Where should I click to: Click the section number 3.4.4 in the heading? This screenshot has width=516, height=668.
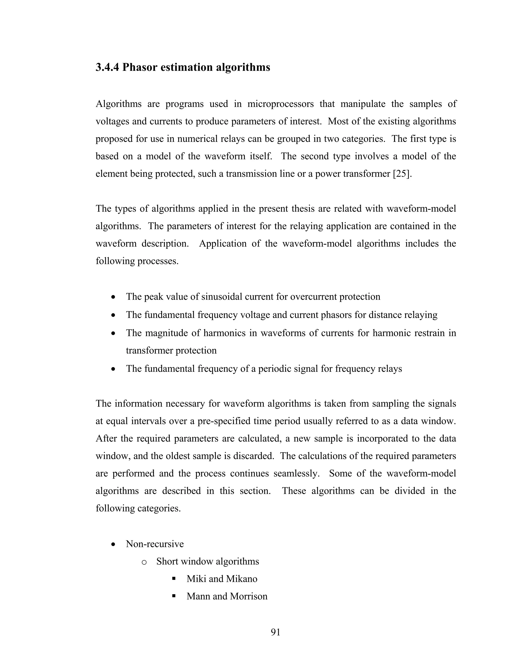click(107, 67)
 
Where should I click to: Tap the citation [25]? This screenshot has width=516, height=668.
click(402, 174)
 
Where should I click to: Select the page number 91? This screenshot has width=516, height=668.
click(275, 632)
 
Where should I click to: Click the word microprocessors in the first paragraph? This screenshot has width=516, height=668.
click(280, 104)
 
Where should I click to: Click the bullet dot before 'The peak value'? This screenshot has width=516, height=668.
click(113, 297)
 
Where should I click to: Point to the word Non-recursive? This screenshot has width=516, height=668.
click(155, 544)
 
